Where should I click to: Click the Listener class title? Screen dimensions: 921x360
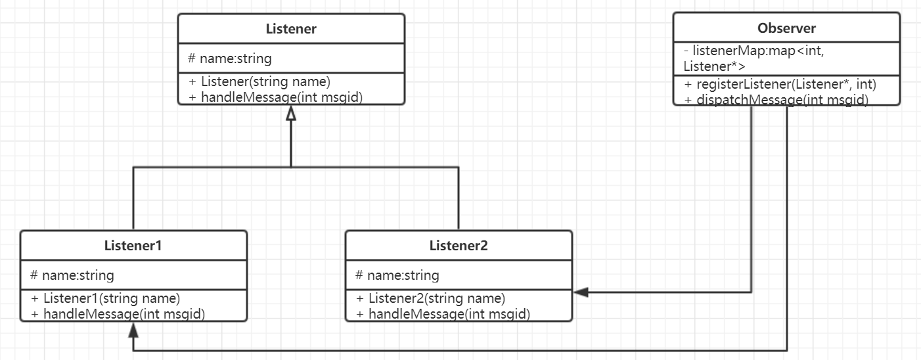click(x=291, y=29)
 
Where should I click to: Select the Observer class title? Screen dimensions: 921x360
click(x=786, y=28)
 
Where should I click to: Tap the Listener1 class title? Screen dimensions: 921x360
click(x=133, y=245)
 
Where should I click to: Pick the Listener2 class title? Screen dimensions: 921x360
click(x=459, y=245)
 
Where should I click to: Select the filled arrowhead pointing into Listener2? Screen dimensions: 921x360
click(x=581, y=292)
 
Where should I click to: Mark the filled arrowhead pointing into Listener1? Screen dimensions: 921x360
click(x=133, y=330)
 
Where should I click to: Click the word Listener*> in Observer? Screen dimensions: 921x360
click(x=714, y=66)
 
